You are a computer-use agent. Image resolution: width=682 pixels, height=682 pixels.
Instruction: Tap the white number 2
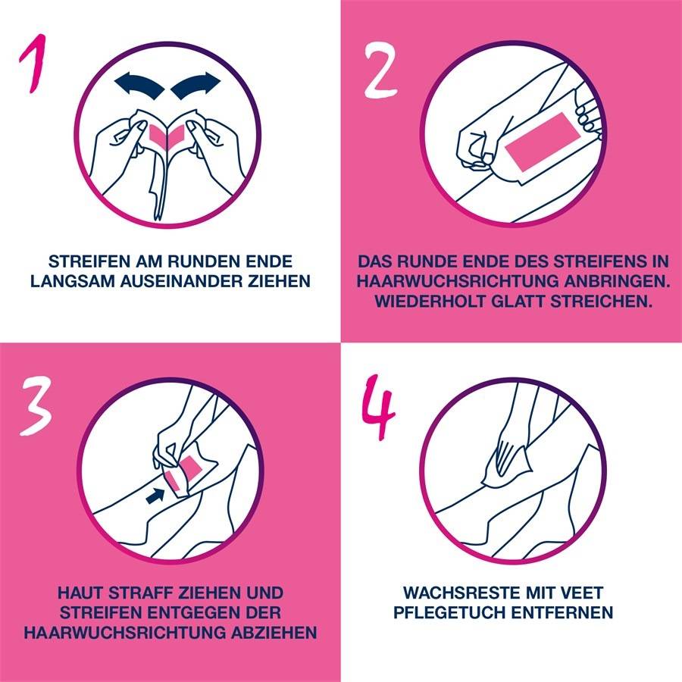pyautogui.click(x=380, y=70)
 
